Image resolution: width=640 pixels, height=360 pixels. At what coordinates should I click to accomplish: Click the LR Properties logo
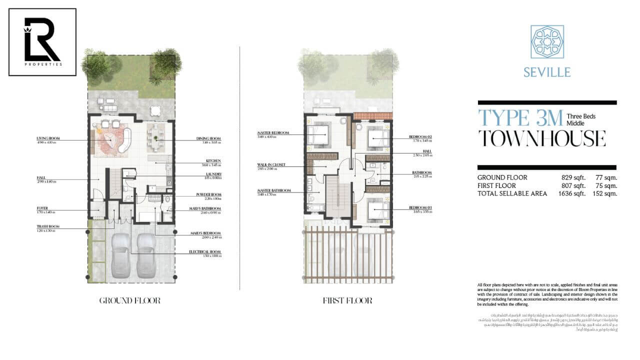[x=42, y=42]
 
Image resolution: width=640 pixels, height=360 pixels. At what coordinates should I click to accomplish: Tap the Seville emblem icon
[x=547, y=42]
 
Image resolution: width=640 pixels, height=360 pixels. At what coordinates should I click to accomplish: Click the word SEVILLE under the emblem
[x=547, y=72]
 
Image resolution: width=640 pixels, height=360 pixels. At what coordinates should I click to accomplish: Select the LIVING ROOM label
[x=48, y=138]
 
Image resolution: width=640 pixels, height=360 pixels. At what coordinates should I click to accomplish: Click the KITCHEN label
[x=212, y=161]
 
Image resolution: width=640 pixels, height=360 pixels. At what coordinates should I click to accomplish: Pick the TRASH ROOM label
[x=47, y=226]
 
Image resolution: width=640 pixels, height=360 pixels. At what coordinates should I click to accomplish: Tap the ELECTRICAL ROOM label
[x=204, y=252]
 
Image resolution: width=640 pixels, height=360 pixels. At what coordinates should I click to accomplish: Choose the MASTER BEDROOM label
[x=273, y=132]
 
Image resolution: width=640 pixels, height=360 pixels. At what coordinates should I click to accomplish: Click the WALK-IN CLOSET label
[x=271, y=163]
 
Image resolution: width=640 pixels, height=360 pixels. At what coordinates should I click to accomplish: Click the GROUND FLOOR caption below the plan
[x=129, y=300]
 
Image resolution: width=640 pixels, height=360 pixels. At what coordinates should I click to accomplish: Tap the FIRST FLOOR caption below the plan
[x=347, y=300]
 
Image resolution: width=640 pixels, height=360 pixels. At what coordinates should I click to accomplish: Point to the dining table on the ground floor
[x=156, y=138]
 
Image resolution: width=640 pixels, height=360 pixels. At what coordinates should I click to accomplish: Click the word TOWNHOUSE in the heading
[x=542, y=138]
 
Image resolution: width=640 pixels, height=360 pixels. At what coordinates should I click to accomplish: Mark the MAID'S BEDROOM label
[x=205, y=233]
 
